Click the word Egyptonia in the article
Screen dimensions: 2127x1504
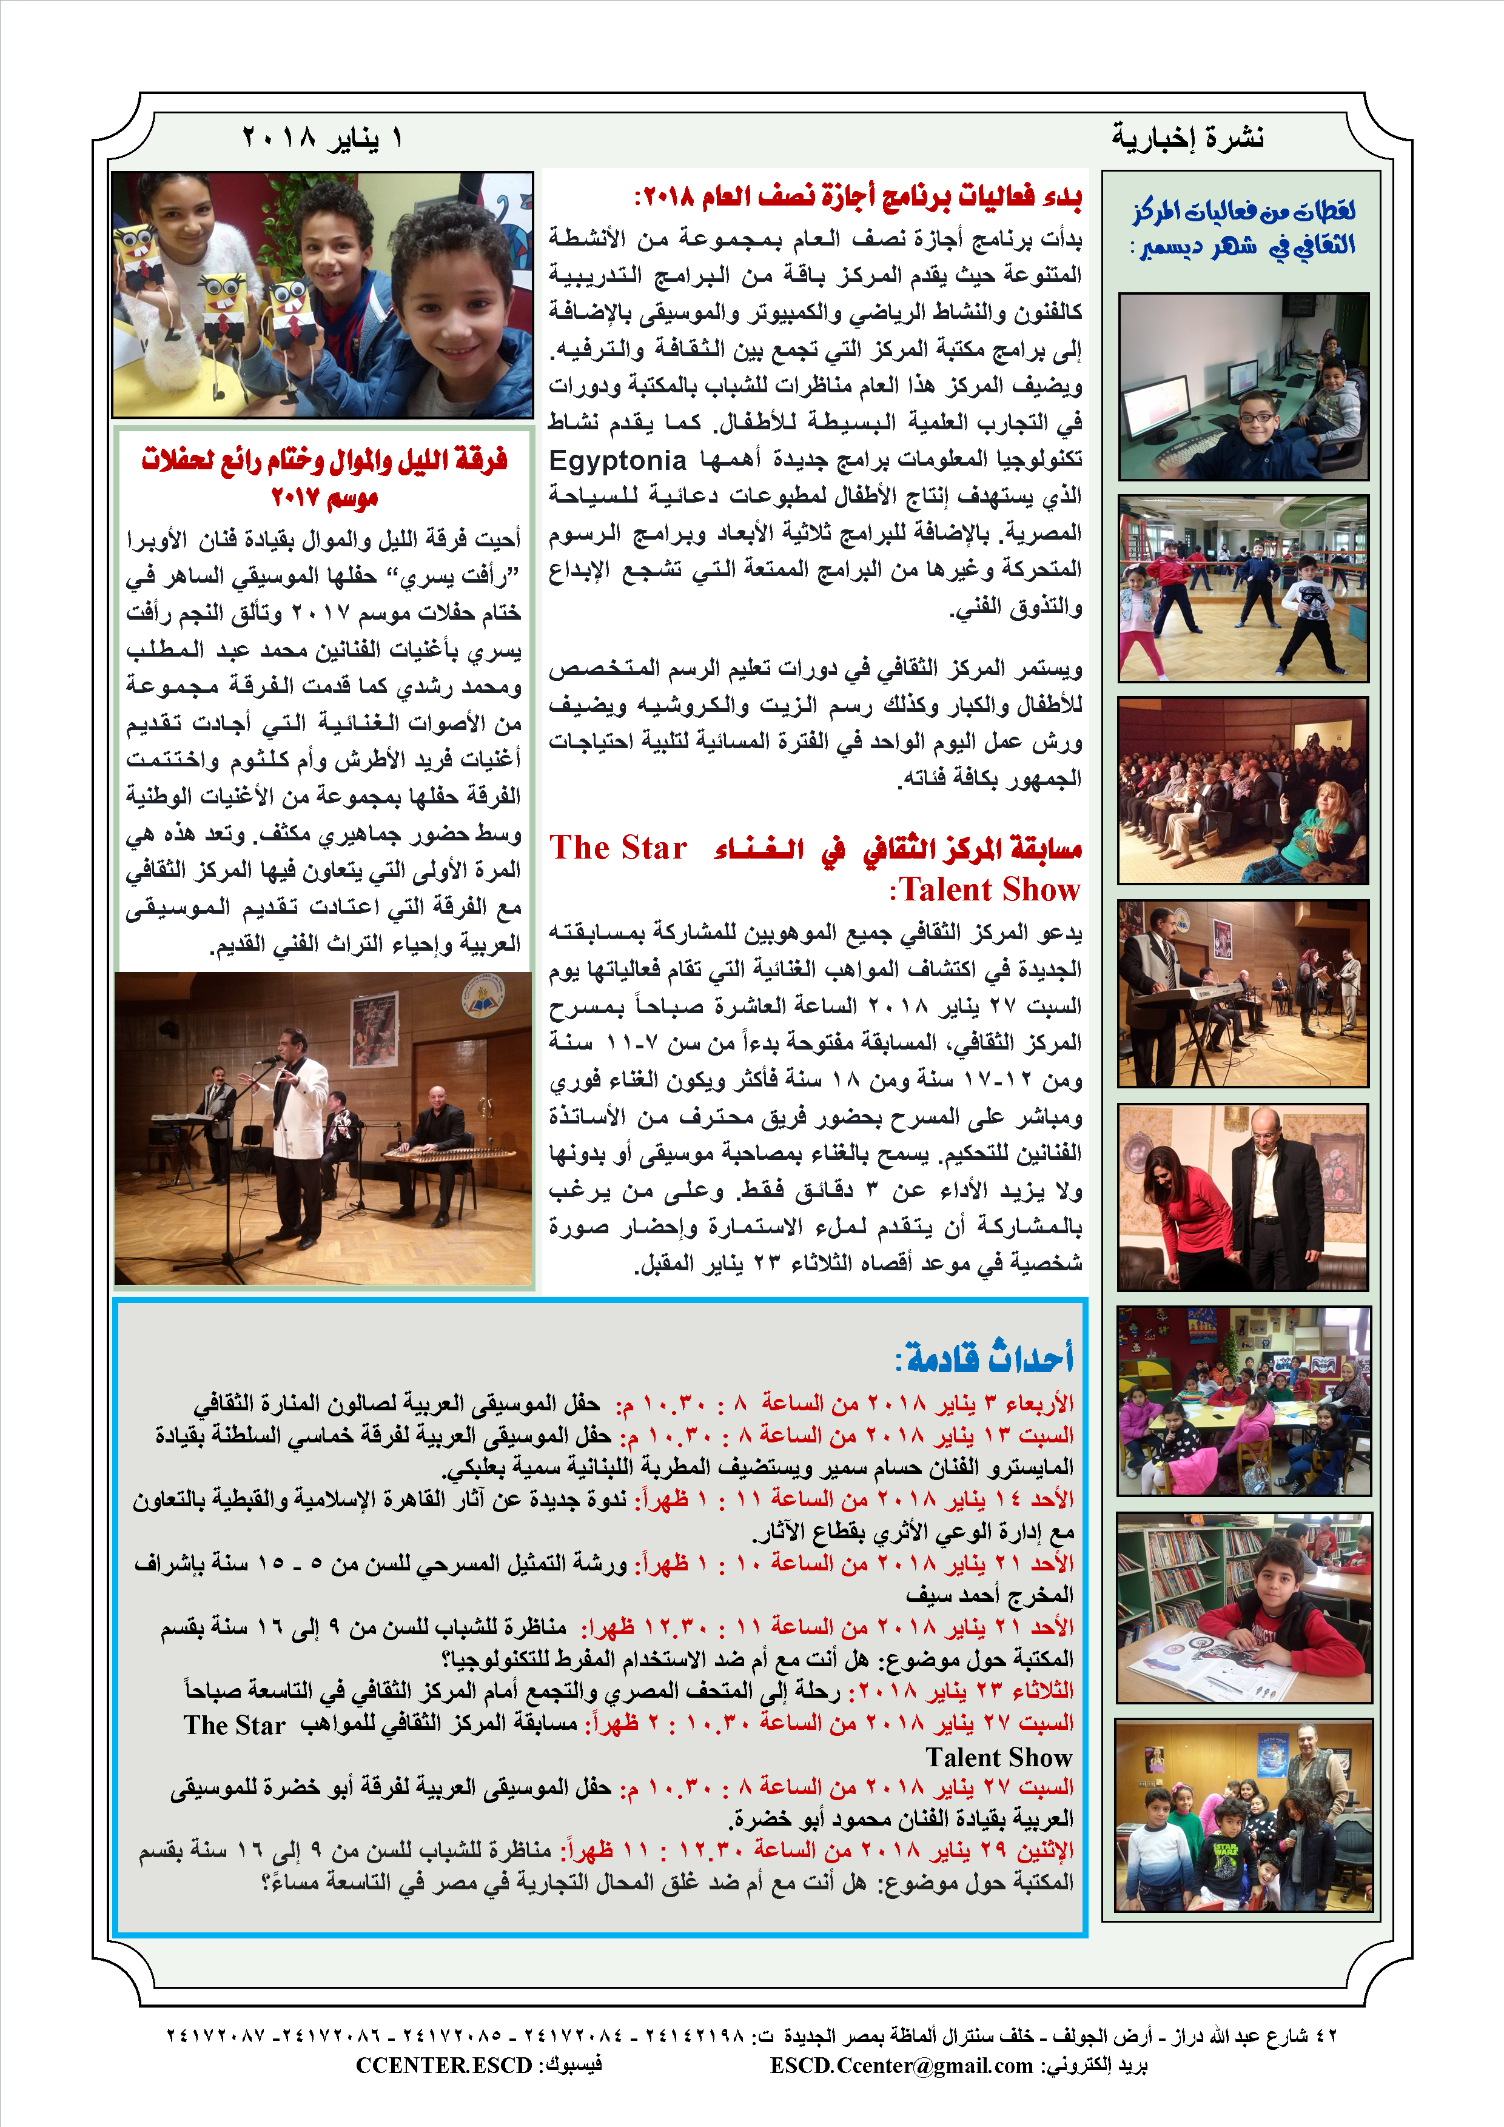point(618,460)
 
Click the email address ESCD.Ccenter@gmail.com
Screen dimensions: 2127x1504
point(901,2066)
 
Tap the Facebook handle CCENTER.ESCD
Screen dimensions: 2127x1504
point(444,2066)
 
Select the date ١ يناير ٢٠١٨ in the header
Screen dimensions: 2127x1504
point(323,138)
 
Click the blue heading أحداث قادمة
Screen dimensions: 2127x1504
point(984,1358)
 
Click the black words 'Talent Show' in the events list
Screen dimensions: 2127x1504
point(999,1757)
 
